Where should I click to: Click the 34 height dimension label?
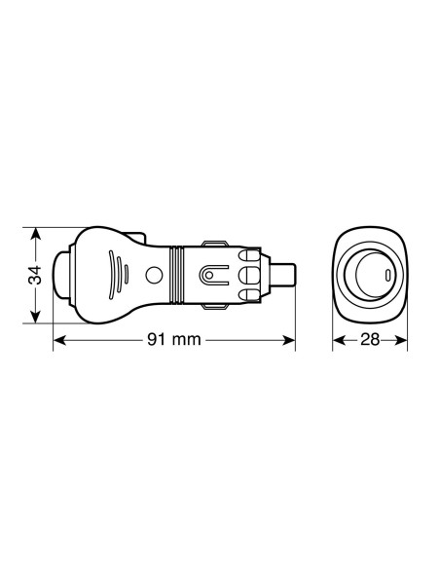coord(33,276)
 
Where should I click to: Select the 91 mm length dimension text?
coord(173,341)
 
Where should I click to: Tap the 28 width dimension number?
coord(370,341)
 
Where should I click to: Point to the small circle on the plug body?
coord(154,277)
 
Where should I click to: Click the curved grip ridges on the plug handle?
coord(116,275)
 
